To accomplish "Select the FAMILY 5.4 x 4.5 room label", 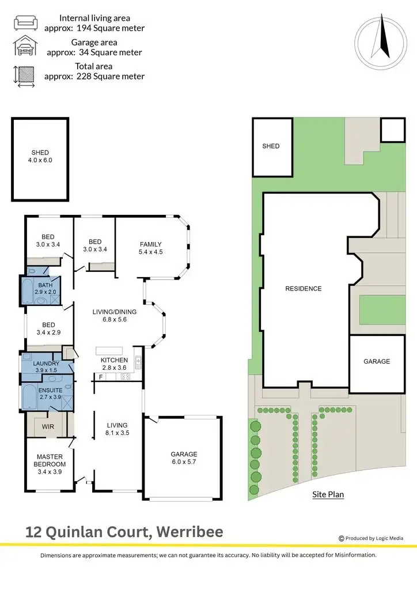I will pyautogui.click(x=150, y=248).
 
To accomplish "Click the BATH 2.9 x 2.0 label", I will pyautogui.click(x=46, y=289).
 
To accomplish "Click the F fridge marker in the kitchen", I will pyautogui.click(x=101, y=377).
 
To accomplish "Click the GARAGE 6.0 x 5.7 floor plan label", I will pyautogui.click(x=183, y=458).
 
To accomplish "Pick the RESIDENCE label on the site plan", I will pyautogui.click(x=304, y=289).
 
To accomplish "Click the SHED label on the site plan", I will pyautogui.click(x=271, y=146).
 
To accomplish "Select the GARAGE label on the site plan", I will pyautogui.click(x=377, y=362).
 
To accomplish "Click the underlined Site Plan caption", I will pyautogui.click(x=328, y=494).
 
